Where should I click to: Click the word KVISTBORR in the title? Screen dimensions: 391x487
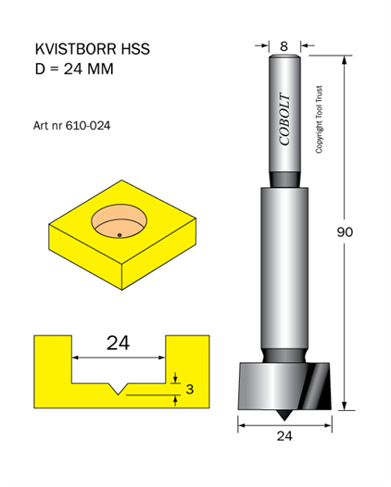76,49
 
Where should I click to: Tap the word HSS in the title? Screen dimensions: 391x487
135,49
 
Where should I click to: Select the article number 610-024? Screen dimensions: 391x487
88,126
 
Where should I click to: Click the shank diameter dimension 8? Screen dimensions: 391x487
284,46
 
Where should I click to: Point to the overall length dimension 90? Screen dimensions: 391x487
345,232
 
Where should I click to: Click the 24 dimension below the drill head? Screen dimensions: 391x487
284,436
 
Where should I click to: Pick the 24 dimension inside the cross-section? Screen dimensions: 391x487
118,343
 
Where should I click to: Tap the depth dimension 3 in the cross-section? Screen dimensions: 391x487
190,389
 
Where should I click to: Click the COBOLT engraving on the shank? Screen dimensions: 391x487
284,119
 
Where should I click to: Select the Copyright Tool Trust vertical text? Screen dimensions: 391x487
320,119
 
